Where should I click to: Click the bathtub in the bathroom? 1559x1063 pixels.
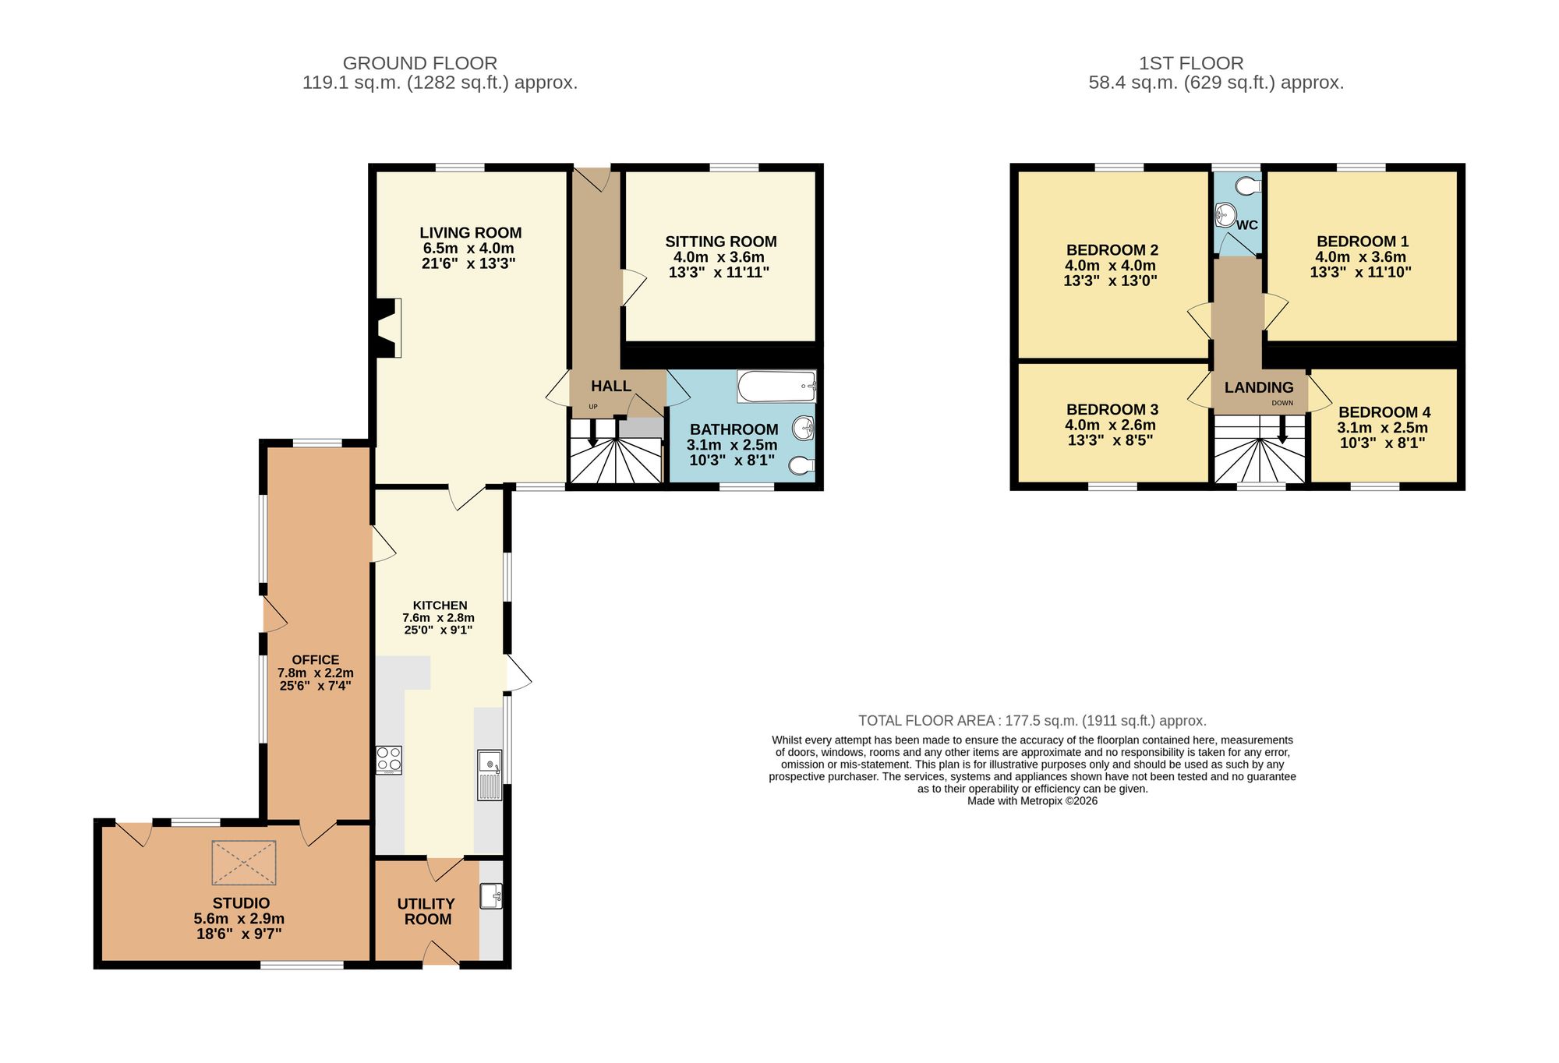pyautogui.click(x=776, y=386)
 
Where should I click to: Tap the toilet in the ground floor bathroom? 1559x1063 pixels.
pyautogui.click(x=801, y=466)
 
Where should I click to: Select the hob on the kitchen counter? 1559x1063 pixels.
pyautogui.click(x=389, y=760)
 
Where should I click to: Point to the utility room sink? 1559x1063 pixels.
pyautogui.click(x=491, y=896)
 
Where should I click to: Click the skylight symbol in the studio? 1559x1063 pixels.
pyautogui.click(x=244, y=863)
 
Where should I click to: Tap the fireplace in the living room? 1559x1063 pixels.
pyautogui.click(x=387, y=328)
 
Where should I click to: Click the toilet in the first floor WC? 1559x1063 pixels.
pyautogui.click(x=1249, y=185)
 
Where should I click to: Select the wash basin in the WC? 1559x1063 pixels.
pyautogui.click(x=1225, y=214)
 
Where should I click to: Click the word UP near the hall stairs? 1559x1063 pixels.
pyautogui.click(x=593, y=407)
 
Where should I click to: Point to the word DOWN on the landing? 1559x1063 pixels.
pyautogui.click(x=1282, y=403)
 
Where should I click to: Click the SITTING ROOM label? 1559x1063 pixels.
pyautogui.click(x=720, y=242)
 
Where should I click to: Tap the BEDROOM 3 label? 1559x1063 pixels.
pyautogui.click(x=1112, y=409)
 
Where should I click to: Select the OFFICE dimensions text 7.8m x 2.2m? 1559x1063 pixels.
pyautogui.click(x=315, y=673)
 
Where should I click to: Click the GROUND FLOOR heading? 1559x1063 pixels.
pyautogui.click(x=419, y=63)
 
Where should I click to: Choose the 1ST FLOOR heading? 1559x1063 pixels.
pyautogui.click(x=1190, y=63)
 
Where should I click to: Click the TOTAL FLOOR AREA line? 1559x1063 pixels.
pyautogui.click(x=1032, y=721)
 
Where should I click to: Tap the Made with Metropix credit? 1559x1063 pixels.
pyautogui.click(x=1032, y=800)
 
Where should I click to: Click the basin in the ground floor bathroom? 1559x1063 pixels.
pyautogui.click(x=803, y=428)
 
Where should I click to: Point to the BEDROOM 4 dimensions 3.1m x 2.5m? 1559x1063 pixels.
pyautogui.click(x=1382, y=428)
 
